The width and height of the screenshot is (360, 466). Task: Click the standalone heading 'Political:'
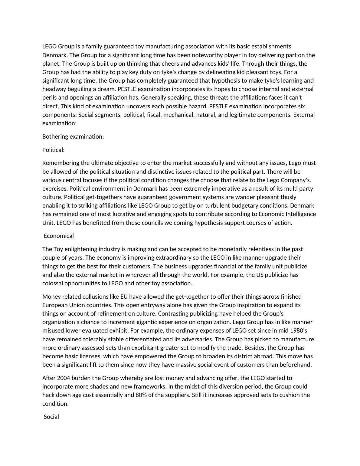click(54, 150)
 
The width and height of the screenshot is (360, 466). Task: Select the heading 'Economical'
click(59, 236)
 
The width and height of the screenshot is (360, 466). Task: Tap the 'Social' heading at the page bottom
click(51, 417)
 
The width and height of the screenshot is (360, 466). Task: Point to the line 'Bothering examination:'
click(73, 136)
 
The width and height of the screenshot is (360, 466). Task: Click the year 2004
click(63, 378)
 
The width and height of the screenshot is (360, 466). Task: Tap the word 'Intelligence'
click(299, 214)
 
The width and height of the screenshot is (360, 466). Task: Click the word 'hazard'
click(196, 106)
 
